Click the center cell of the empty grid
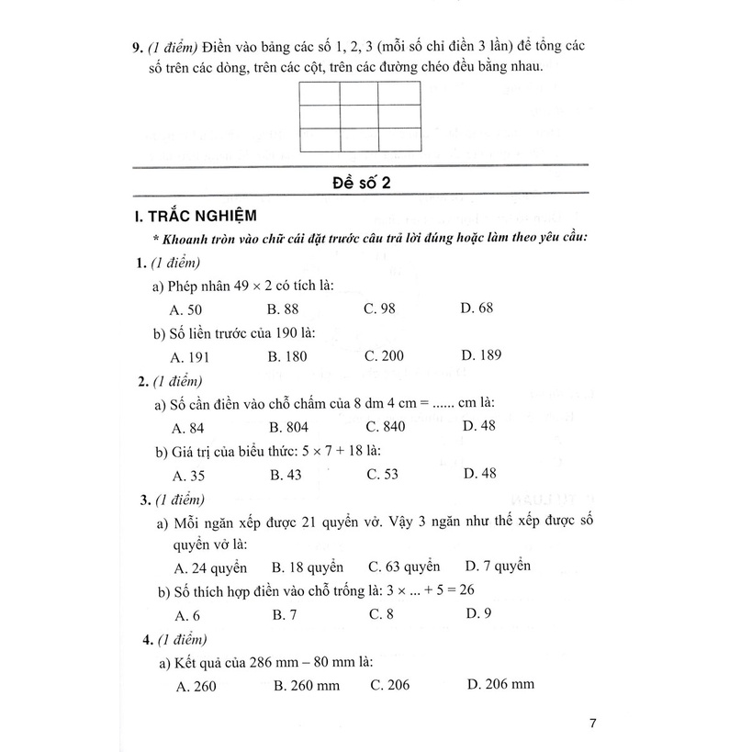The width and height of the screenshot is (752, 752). tap(357, 117)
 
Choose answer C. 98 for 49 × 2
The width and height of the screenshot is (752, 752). tap(379, 309)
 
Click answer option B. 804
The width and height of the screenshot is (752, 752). tap(288, 426)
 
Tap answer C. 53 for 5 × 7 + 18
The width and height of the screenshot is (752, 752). tap(381, 474)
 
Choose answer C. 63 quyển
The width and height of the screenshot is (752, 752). tap(404, 567)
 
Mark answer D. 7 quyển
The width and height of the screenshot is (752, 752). tap(498, 566)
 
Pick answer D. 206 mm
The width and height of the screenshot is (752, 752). tap(500, 684)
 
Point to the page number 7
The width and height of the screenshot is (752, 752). tap(593, 723)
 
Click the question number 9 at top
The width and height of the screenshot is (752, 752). tap(138, 43)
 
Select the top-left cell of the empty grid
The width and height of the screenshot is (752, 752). tap(319, 95)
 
